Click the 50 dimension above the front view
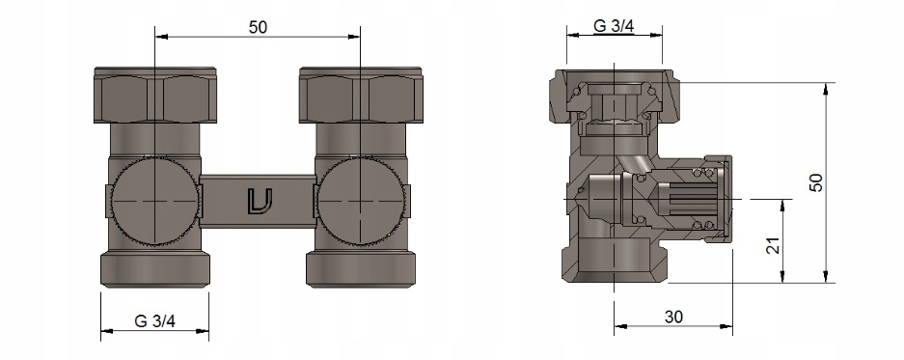tap(258, 27)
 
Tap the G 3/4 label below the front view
tap(154, 321)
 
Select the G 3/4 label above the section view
tap(614, 26)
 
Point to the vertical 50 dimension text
tap(816, 182)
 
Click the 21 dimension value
tap(775, 245)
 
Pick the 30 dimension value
tap(673, 317)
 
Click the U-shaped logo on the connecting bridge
tap(260, 202)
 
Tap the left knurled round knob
tap(154, 202)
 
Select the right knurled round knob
tap(361, 202)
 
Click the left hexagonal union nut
tap(155, 96)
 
